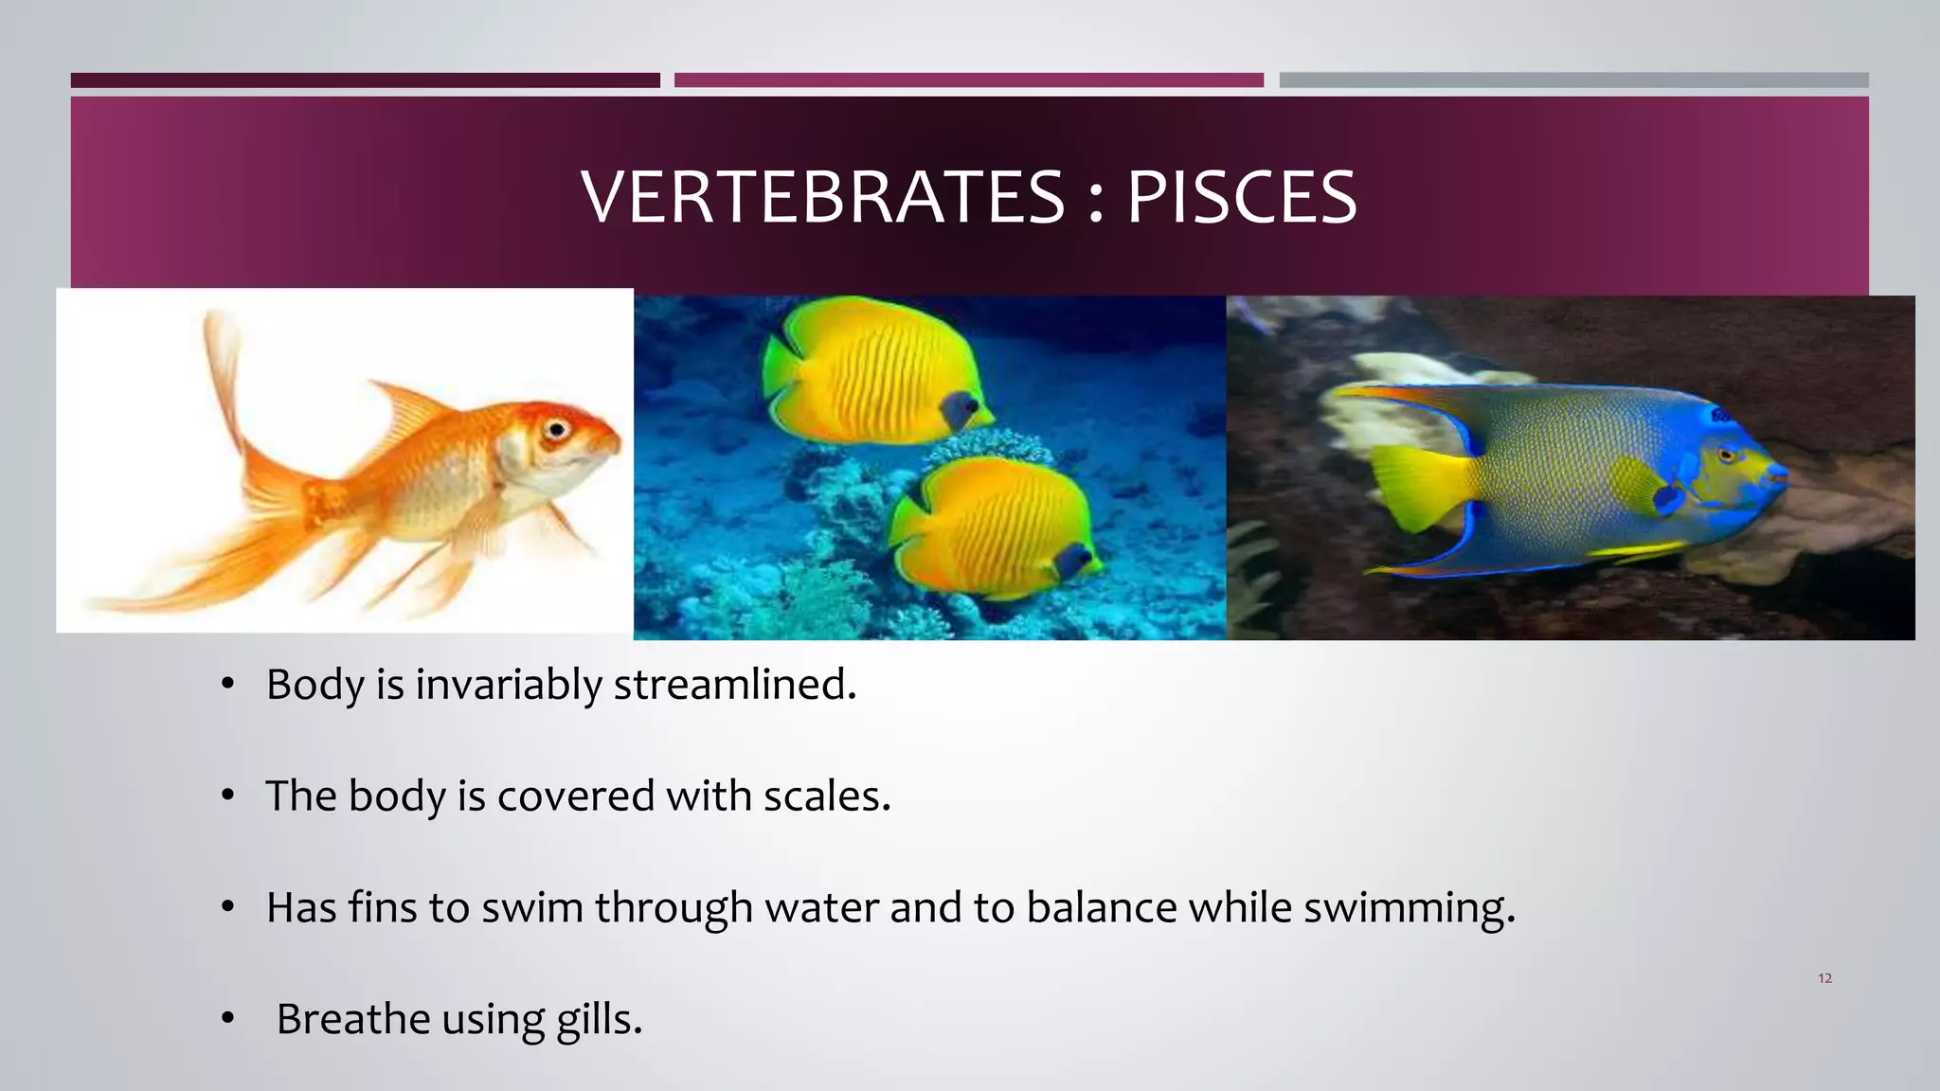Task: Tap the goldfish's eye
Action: (556, 431)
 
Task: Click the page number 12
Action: (1824, 978)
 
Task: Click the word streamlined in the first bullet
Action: (734, 685)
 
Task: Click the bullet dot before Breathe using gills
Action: (227, 1019)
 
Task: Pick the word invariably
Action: (508, 685)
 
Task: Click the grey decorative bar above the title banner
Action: (1573, 80)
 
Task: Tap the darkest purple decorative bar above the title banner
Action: (365, 80)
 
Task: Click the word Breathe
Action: (353, 1020)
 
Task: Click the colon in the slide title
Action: (1096, 199)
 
